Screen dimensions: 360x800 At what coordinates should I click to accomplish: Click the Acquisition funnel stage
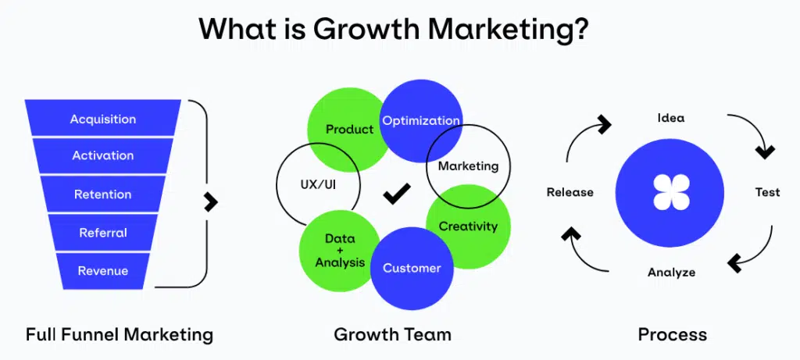click(103, 119)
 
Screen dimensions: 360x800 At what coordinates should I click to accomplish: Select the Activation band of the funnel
click(103, 155)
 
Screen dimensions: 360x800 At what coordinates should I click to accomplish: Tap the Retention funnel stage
click(103, 194)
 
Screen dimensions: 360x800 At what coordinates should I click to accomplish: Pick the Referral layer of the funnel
click(103, 232)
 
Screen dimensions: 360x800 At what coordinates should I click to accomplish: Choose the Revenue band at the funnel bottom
click(103, 271)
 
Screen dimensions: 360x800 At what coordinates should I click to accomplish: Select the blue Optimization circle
click(420, 120)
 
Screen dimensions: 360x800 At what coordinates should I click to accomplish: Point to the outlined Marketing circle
click(468, 166)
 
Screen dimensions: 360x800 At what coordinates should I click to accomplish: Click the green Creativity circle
click(469, 226)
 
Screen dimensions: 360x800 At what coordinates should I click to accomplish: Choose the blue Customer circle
click(412, 268)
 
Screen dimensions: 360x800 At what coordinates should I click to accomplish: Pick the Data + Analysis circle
click(340, 250)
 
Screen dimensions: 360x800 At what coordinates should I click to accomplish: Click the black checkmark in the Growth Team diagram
click(397, 193)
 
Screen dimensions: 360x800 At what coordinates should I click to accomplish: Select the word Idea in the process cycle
click(670, 118)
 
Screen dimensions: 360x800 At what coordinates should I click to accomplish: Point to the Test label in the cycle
click(767, 192)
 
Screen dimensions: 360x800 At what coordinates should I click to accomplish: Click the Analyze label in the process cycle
click(671, 273)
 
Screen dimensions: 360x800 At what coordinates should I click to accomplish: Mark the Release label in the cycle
click(570, 192)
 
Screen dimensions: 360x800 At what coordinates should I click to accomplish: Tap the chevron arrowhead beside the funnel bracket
click(211, 201)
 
